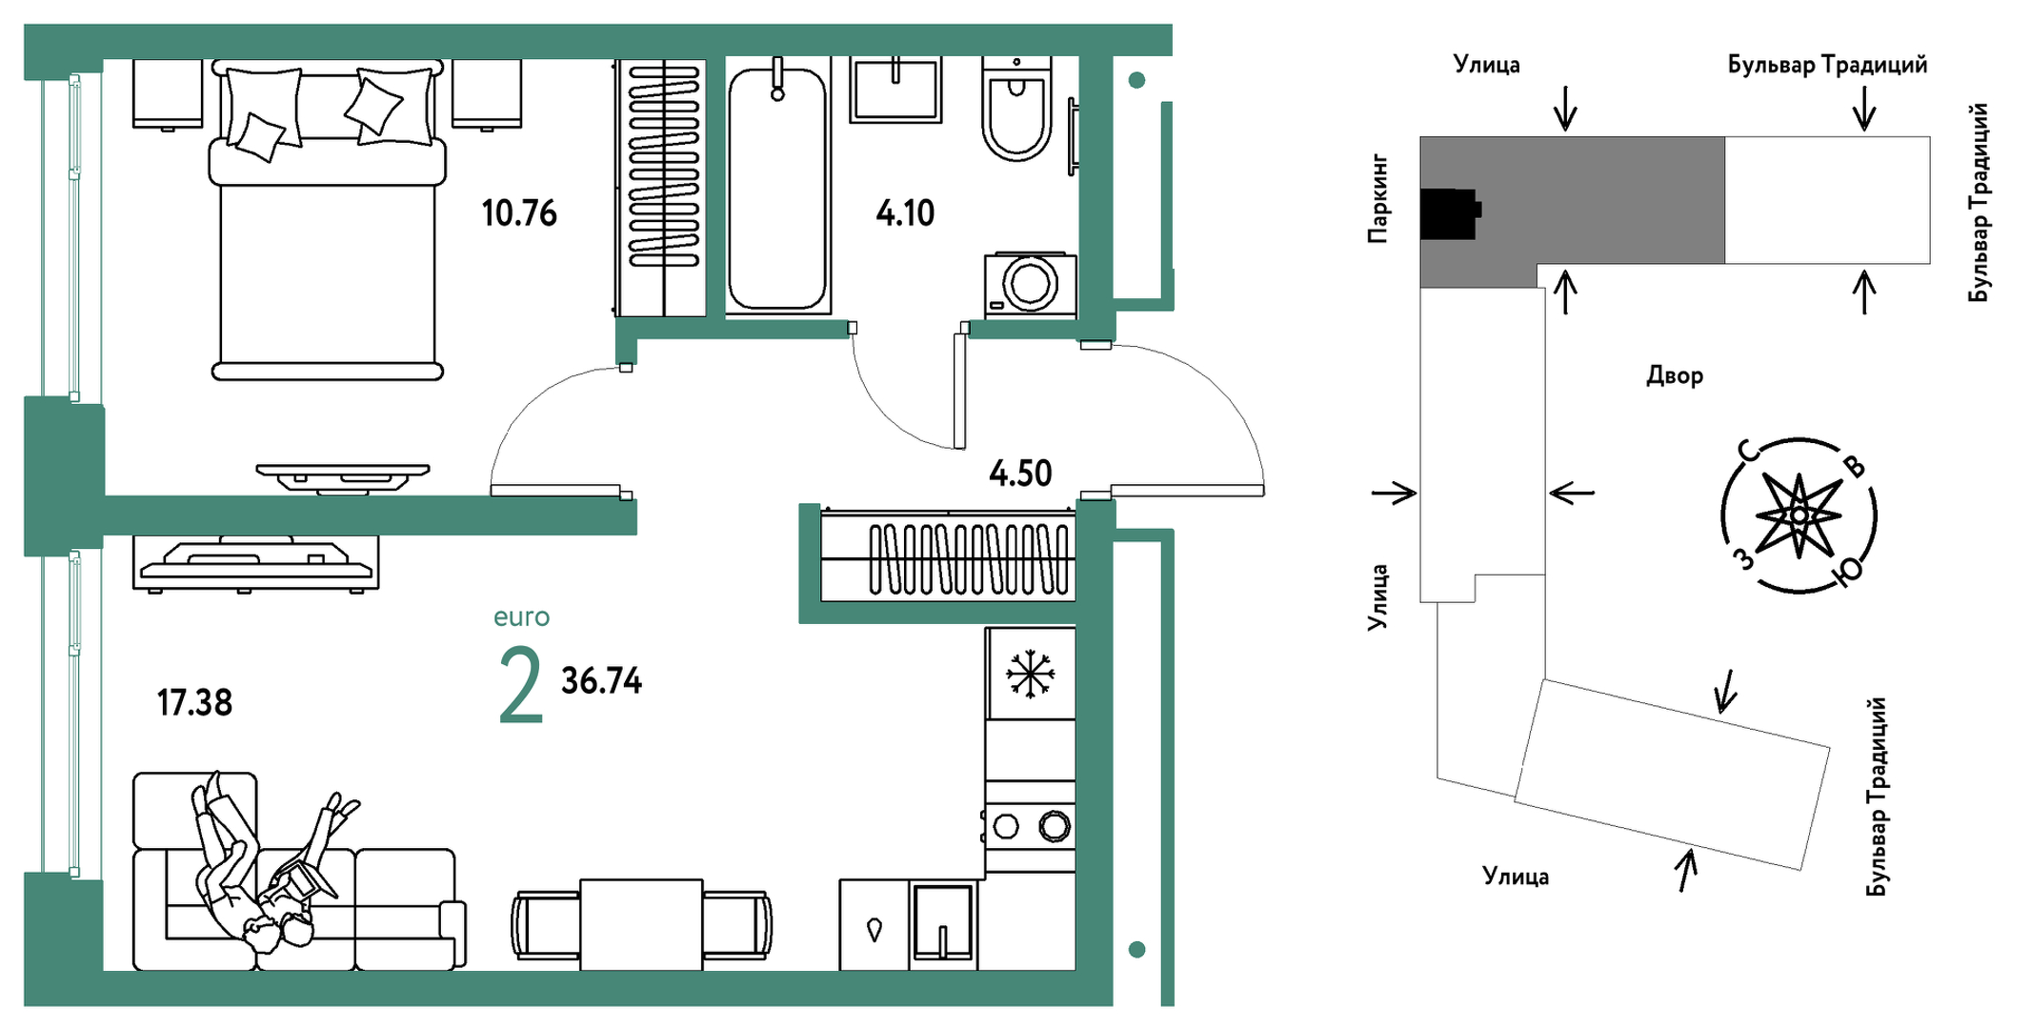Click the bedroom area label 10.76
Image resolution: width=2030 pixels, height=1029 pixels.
click(519, 212)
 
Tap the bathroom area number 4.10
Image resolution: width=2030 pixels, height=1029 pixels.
click(905, 212)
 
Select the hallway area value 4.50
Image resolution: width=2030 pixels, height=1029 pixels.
click(1020, 473)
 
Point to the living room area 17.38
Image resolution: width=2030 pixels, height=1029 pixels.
click(194, 702)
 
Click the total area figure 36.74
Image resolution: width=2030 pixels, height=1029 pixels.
click(601, 680)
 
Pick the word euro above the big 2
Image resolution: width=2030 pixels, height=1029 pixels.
click(521, 617)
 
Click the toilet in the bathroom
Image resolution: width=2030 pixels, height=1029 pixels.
click(1016, 109)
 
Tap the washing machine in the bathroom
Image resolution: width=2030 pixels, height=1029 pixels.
click(1030, 284)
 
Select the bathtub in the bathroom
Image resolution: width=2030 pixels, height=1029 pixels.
click(777, 187)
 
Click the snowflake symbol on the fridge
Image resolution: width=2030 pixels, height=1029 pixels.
click(1030, 674)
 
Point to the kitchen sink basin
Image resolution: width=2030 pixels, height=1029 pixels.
click(942, 921)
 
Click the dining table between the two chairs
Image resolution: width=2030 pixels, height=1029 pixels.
click(641, 924)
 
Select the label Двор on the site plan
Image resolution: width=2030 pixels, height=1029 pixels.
click(1674, 375)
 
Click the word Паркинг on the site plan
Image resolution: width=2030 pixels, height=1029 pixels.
click(1377, 198)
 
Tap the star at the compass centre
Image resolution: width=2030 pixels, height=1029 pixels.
click(1799, 515)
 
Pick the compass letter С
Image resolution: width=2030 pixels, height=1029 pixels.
click(1747, 451)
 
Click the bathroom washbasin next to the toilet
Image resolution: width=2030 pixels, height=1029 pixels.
click(895, 90)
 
